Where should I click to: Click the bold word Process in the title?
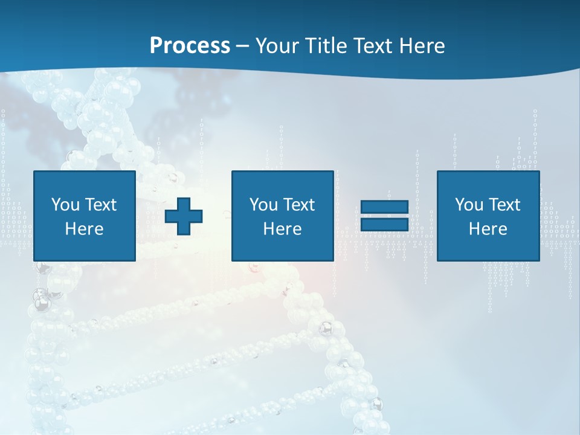coord(190,46)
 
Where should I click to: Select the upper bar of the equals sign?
coord(384,207)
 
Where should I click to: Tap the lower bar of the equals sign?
coord(384,224)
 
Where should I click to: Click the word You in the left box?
coord(65,205)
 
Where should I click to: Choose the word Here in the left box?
coord(84,229)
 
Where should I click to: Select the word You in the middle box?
coord(263,205)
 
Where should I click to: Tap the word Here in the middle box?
coord(282,229)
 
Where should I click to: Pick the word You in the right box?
coord(468,205)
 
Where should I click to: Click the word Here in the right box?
coord(488,229)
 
